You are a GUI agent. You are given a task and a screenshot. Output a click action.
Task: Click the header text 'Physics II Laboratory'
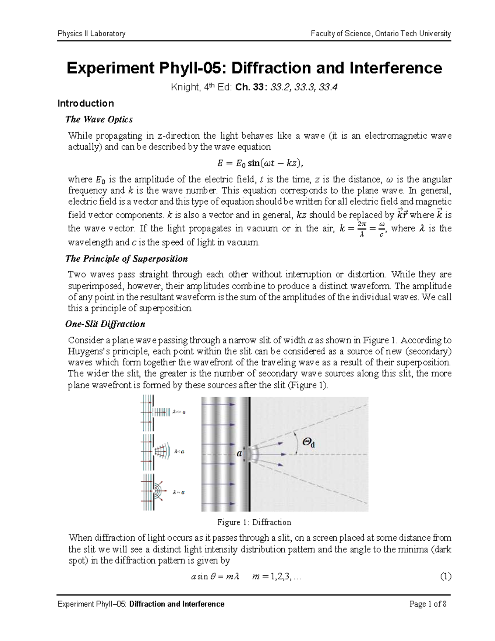[x=91, y=33]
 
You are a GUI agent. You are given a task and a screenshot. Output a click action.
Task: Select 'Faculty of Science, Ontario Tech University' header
[x=381, y=33]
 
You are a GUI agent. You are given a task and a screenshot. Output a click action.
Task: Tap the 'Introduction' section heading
[x=85, y=103]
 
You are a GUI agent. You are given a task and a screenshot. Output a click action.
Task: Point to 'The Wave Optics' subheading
[x=99, y=120]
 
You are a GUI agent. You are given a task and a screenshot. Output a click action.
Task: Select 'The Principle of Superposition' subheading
[x=127, y=259]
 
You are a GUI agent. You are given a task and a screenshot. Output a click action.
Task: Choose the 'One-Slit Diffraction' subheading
[x=105, y=324]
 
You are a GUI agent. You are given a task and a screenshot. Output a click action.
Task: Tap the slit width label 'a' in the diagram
[x=238, y=453]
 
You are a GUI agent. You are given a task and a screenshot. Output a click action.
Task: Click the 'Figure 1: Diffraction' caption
[x=254, y=522]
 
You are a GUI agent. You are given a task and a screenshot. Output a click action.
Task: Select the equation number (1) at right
[x=445, y=577]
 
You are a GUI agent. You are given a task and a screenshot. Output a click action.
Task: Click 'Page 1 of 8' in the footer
[x=428, y=604]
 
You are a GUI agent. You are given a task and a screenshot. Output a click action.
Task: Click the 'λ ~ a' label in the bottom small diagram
[x=179, y=492]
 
